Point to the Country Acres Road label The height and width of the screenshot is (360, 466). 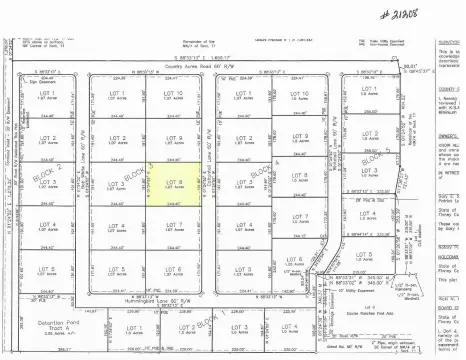coord(215,68)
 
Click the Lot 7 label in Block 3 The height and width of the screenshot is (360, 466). coord(173,226)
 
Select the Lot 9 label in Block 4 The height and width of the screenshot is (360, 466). coord(301,137)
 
